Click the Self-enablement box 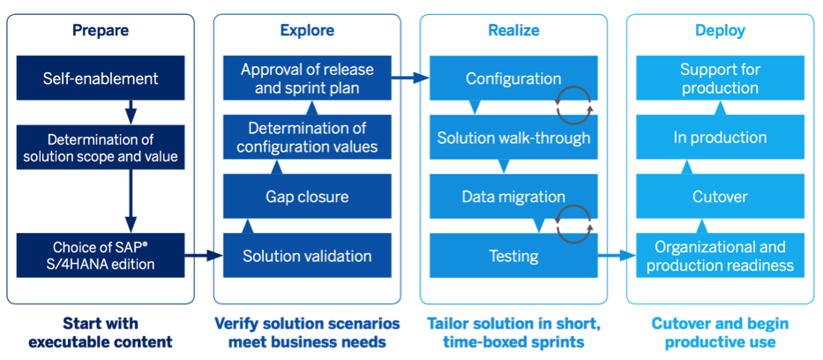[101, 79]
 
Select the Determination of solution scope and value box [101, 147]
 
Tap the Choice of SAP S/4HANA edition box [101, 254]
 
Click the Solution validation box [307, 256]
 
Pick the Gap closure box [307, 196]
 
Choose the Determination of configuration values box [307, 138]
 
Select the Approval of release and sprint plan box [307, 79]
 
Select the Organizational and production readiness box [720, 256]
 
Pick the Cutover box [720, 196]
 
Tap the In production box [720, 138]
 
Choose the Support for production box [720, 79]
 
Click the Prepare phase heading [101, 31]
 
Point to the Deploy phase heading [720, 31]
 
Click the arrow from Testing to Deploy [617, 257]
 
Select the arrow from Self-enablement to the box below [130, 112]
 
